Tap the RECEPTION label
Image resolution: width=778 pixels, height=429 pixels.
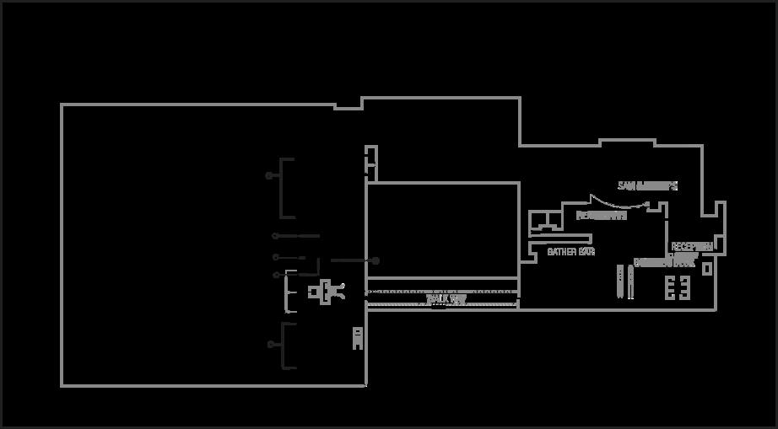coord(692,247)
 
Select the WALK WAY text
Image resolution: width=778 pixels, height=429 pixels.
coord(446,298)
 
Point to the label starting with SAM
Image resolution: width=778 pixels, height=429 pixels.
coord(647,185)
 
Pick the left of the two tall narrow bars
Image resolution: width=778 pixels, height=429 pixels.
coord(620,282)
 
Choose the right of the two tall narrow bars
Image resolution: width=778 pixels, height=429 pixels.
coord(629,282)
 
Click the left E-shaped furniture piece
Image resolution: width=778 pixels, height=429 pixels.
coord(670,288)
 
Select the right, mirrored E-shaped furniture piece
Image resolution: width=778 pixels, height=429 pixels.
coord(684,288)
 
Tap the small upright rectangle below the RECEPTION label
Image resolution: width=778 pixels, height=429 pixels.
coord(707,269)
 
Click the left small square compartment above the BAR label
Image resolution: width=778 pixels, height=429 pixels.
coord(537,222)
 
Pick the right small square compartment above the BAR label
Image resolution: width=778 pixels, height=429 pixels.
coord(554,222)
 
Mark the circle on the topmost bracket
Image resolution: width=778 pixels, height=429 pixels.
coord(269,175)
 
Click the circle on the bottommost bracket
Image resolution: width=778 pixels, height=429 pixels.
coord(270,344)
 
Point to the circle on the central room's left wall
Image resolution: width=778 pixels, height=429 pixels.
coord(375,261)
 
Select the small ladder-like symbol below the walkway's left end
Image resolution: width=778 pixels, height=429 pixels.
coord(357,338)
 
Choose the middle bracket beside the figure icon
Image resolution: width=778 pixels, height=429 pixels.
coord(290,292)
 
